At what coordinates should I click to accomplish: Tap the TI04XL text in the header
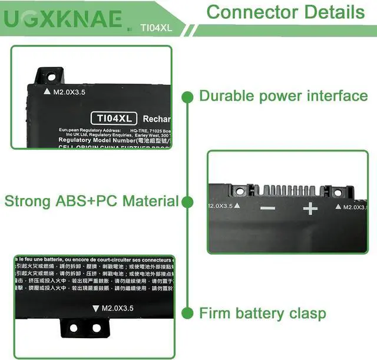pyautogui.click(x=156, y=27)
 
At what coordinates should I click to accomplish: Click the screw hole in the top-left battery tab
pyautogui.click(x=51, y=76)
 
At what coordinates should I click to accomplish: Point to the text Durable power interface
pyautogui.click(x=283, y=95)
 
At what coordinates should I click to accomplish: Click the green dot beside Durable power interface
pyautogui.click(x=188, y=96)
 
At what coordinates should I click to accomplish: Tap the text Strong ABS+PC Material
pyautogui.click(x=91, y=201)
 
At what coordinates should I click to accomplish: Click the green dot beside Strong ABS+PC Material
pyautogui.click(x=188, y=202)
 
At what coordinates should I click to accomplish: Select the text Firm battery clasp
pyautogui.click(x=262, y=313)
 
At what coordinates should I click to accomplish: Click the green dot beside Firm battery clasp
pyautogui.click(x=188, y=313)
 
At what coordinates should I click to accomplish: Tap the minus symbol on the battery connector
pyautogui.click(x=267, y=209)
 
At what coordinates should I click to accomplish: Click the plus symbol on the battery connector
pyautogui.click(x=310, y=209)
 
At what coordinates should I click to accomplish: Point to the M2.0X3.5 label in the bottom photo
pyautogui.click(x=117, y=308)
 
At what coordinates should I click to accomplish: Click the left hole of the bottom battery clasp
pyautogui.click(x=73, y=327)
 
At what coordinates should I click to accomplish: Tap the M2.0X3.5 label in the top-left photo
pyautogui.click(x=73, y=92)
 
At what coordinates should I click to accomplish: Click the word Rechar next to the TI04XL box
pyautogui.click(x=156, y=119)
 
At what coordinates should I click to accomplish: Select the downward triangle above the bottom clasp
pyautogui.click(x=96, y=308)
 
